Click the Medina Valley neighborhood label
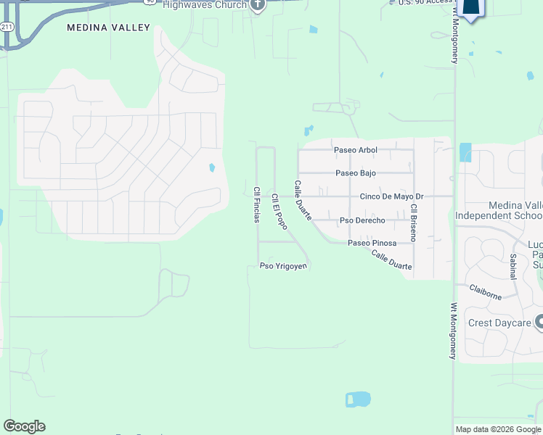pos(108,28)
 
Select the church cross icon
pos(257,5)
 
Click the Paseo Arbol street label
pos(355,150)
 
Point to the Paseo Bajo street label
pos(356,173)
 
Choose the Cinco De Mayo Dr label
pos(391,196)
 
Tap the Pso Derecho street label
pos(362,220)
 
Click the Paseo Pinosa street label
pos(372,243)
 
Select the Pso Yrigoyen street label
pos(284,266)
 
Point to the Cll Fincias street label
pos(256,205)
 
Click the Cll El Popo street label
pos(279,212)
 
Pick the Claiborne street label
pos(486,293)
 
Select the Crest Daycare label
pos(499,323)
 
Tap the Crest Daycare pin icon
pos(539,321)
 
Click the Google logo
pos(24,426)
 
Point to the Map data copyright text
pos(499,429)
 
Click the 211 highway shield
pos(6,26)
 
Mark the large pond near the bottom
pos(357,399)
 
